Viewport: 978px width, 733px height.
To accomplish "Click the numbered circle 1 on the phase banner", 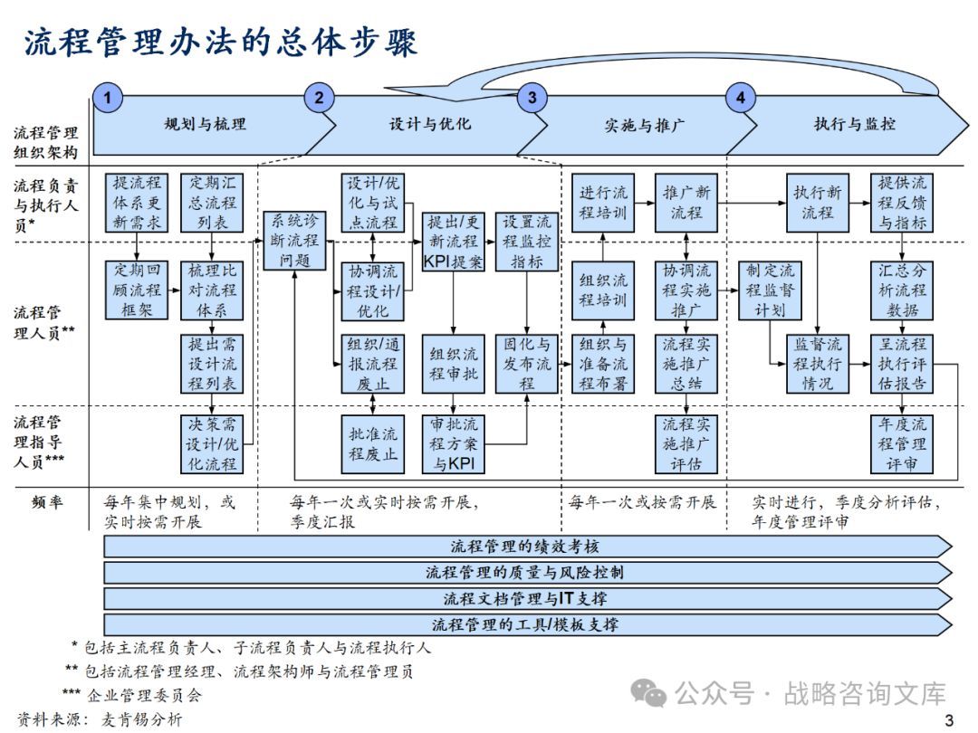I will coord(108,98).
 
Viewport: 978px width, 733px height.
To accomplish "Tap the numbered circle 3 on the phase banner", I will coord(532,98).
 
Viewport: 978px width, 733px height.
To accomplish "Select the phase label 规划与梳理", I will coord(205,124).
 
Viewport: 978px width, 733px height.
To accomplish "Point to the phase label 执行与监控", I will coord(856,124).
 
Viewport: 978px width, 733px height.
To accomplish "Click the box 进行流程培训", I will coord(603,202).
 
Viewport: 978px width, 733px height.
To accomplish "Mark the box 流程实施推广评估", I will coord(686,443).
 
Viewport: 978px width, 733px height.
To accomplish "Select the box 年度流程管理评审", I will coord(902,443).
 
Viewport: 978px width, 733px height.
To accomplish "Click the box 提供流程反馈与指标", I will coord(902,202).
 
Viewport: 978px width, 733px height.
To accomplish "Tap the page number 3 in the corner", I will coord(949,720).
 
